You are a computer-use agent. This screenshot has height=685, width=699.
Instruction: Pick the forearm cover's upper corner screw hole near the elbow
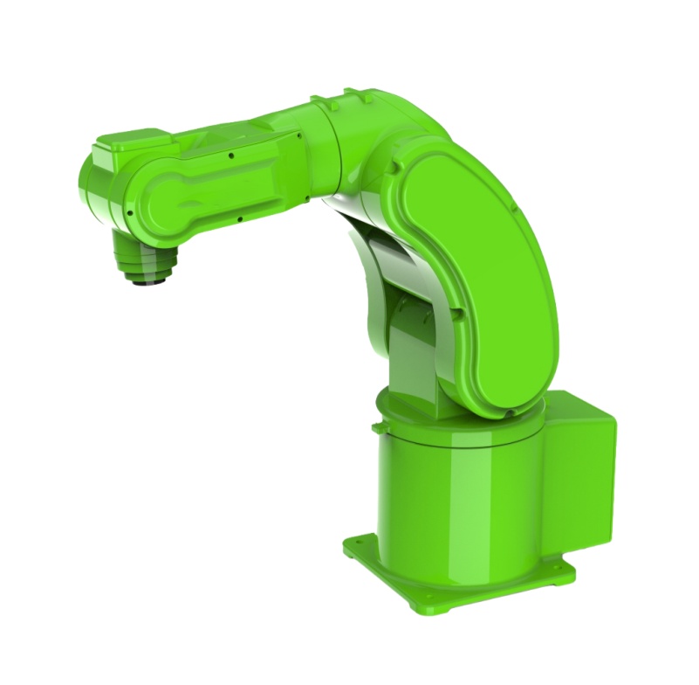(300, 136)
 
